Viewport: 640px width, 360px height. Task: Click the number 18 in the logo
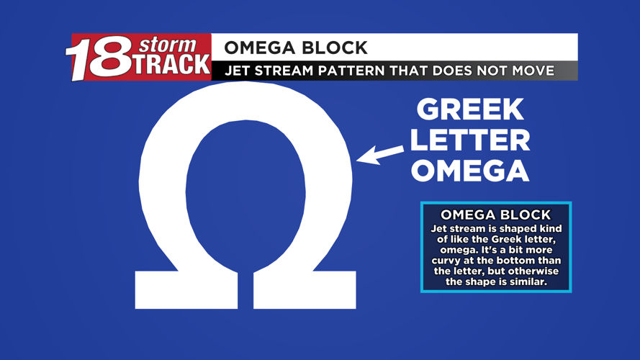(96, 60)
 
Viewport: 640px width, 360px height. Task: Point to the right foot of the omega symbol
(305, 291)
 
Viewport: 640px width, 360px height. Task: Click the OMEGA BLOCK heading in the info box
(495, 215)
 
